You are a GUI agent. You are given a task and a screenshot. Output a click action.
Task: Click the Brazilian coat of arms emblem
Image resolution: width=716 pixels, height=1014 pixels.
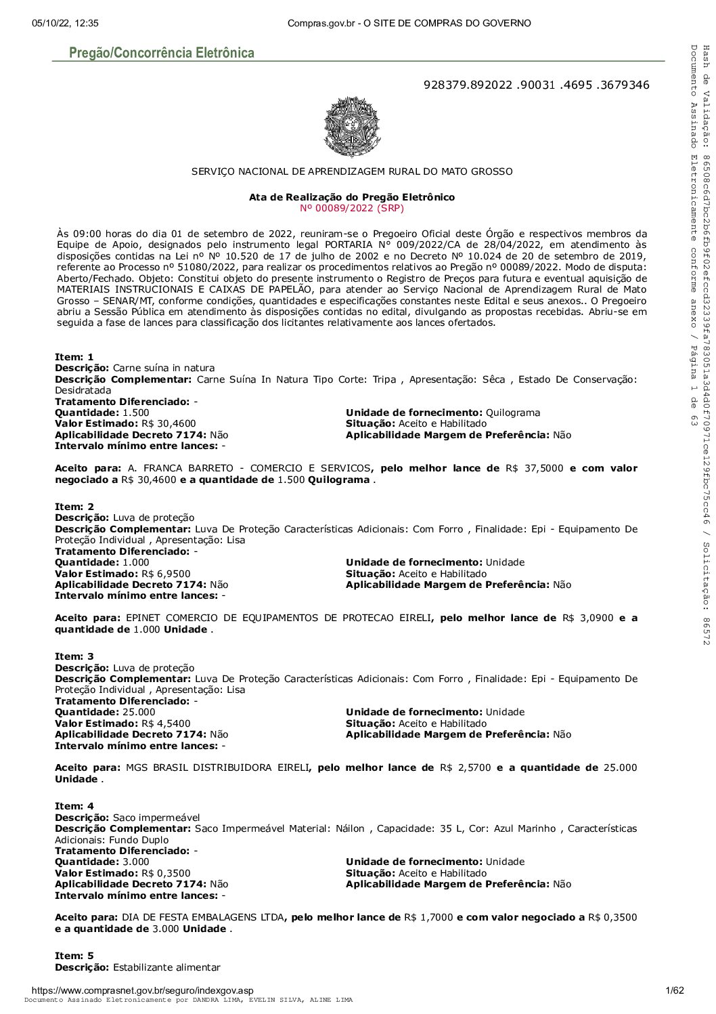click(352, 127)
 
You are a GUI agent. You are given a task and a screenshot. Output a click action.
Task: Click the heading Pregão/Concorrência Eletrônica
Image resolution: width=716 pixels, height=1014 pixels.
click(162, 53)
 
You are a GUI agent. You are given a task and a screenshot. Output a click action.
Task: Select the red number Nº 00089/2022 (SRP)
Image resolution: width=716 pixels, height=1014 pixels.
click(352, 208)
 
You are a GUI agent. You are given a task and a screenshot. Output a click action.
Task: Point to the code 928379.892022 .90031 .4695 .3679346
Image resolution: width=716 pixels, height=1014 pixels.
click(536, 85)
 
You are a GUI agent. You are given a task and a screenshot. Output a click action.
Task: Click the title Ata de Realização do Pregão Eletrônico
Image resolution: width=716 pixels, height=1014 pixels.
click(352, 197)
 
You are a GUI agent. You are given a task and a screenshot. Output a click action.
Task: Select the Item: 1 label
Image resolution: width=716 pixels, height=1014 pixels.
click(74, 357)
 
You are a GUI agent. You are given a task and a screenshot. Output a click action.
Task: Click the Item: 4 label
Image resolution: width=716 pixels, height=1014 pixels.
click(74, 806)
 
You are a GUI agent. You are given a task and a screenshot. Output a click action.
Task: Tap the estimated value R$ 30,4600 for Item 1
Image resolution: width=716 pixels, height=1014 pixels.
click(169, 423)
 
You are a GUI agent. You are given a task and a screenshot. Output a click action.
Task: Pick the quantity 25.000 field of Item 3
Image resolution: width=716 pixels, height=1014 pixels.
click(139, 712)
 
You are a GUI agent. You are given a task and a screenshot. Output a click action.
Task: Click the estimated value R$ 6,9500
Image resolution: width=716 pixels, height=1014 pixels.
click(166, 574)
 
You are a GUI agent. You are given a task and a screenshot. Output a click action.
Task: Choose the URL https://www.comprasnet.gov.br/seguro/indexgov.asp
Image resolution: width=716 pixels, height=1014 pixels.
click(138, 990)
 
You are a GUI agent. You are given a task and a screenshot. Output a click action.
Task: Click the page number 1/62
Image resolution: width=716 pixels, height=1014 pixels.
click(675, 990)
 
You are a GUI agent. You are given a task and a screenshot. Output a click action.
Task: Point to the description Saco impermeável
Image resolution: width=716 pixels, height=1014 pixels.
click(156, 818)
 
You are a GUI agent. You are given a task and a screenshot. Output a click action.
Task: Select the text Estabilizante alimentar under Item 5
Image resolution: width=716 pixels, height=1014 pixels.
click(166, 967)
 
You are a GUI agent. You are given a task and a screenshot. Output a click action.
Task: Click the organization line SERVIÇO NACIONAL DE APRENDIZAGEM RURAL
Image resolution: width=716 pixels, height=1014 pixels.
click(352, 171)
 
